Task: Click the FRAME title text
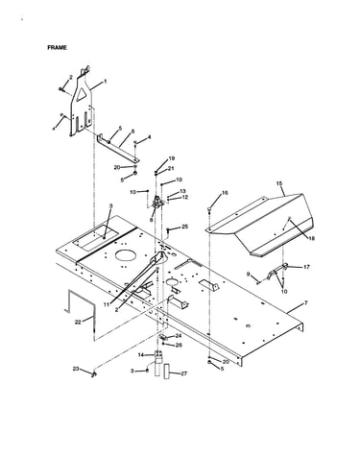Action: click(57, 47)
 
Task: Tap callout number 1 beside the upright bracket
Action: click(105, 82)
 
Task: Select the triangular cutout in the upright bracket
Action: click(83, 95)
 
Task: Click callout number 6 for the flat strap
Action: click(132, 132)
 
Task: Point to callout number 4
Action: click(149, 137)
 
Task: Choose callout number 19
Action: click(172, 158)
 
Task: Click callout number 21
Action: click(171, 168)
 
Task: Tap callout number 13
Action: click(182, 191)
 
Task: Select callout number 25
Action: click(185, 227)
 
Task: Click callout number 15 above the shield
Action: click(279, 183)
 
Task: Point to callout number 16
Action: click(225, 193)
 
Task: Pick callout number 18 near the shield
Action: click(311, 238)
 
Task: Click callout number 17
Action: click(306, 267)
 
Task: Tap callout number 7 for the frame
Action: click(306, 302)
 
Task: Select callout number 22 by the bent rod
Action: click(78, 322)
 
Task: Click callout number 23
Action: click(76, 369)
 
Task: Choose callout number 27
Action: click(183, 373)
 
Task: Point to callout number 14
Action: click(141, 355)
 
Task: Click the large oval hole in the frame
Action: click(126, 254)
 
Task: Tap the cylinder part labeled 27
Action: click(167, 371)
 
